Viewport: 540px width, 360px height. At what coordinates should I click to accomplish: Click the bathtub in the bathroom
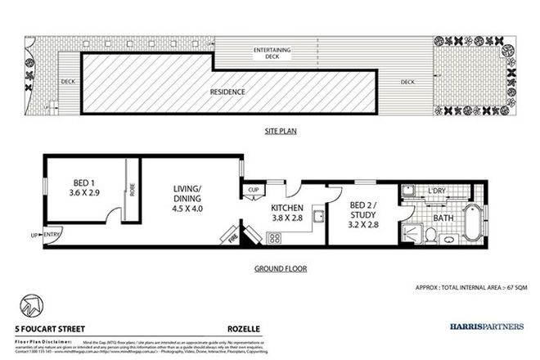(474, 224)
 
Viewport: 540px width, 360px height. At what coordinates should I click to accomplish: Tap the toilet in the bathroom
(430, 234)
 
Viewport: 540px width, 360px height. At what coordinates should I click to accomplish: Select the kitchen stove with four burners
(273, 238)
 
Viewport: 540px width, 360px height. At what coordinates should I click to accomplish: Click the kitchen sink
(320, 216)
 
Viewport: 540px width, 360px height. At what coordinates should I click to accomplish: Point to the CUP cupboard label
(253, 192)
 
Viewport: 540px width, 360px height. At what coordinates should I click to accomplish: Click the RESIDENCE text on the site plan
(228, 92)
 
